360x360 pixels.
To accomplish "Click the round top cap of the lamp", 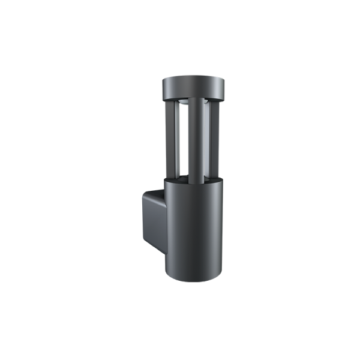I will (193, 88).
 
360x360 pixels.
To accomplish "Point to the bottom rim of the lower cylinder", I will (193, 280).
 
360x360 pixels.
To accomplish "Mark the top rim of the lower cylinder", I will (193, 181).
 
